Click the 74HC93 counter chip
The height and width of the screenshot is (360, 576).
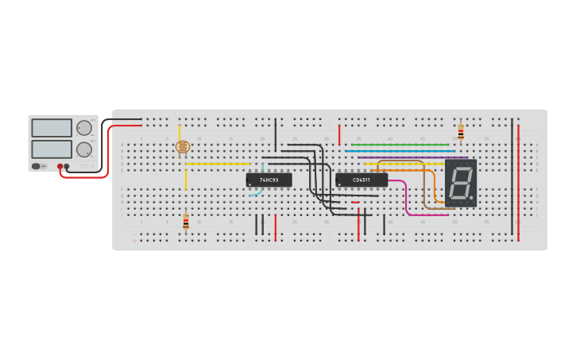point(269,180)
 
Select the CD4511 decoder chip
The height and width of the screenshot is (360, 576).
point(361,180)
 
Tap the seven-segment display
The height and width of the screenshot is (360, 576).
point(460,184)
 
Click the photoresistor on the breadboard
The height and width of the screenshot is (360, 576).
point(182,147)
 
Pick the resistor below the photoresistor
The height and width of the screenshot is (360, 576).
point(186,222)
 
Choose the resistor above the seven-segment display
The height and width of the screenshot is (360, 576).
point(461,132)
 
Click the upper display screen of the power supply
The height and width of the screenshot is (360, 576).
point(52,128)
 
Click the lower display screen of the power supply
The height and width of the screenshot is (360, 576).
point(52,149)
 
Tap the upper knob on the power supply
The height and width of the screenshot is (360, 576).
point(83,128)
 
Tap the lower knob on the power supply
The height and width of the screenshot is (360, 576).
point(83,149)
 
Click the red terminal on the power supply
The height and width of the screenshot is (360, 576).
point(60,167)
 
